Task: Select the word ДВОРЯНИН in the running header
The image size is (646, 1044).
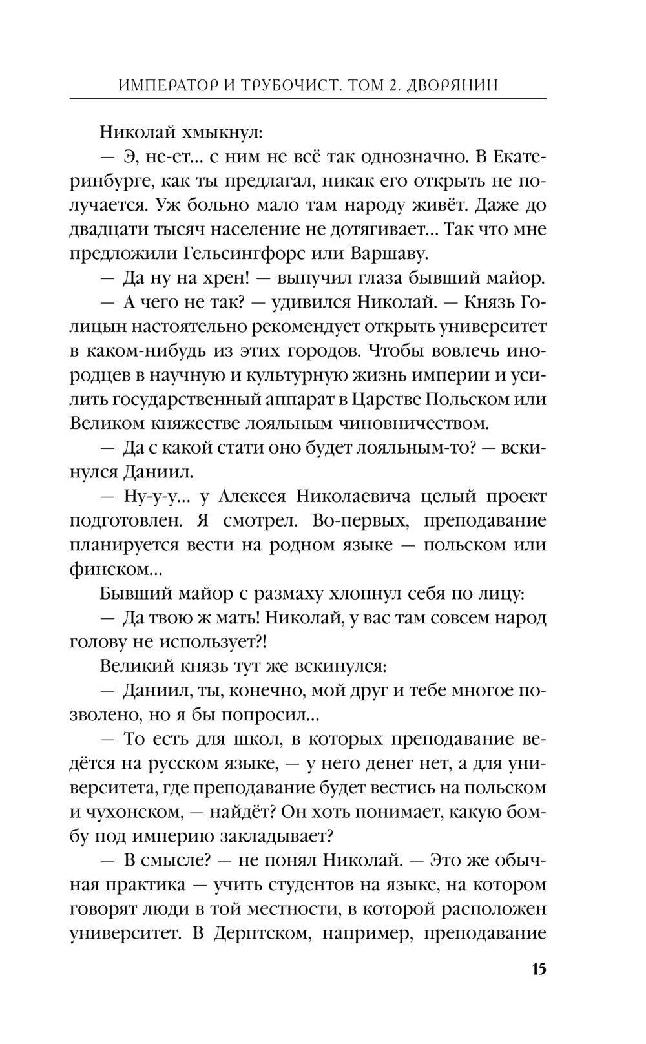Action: (453, 85)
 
